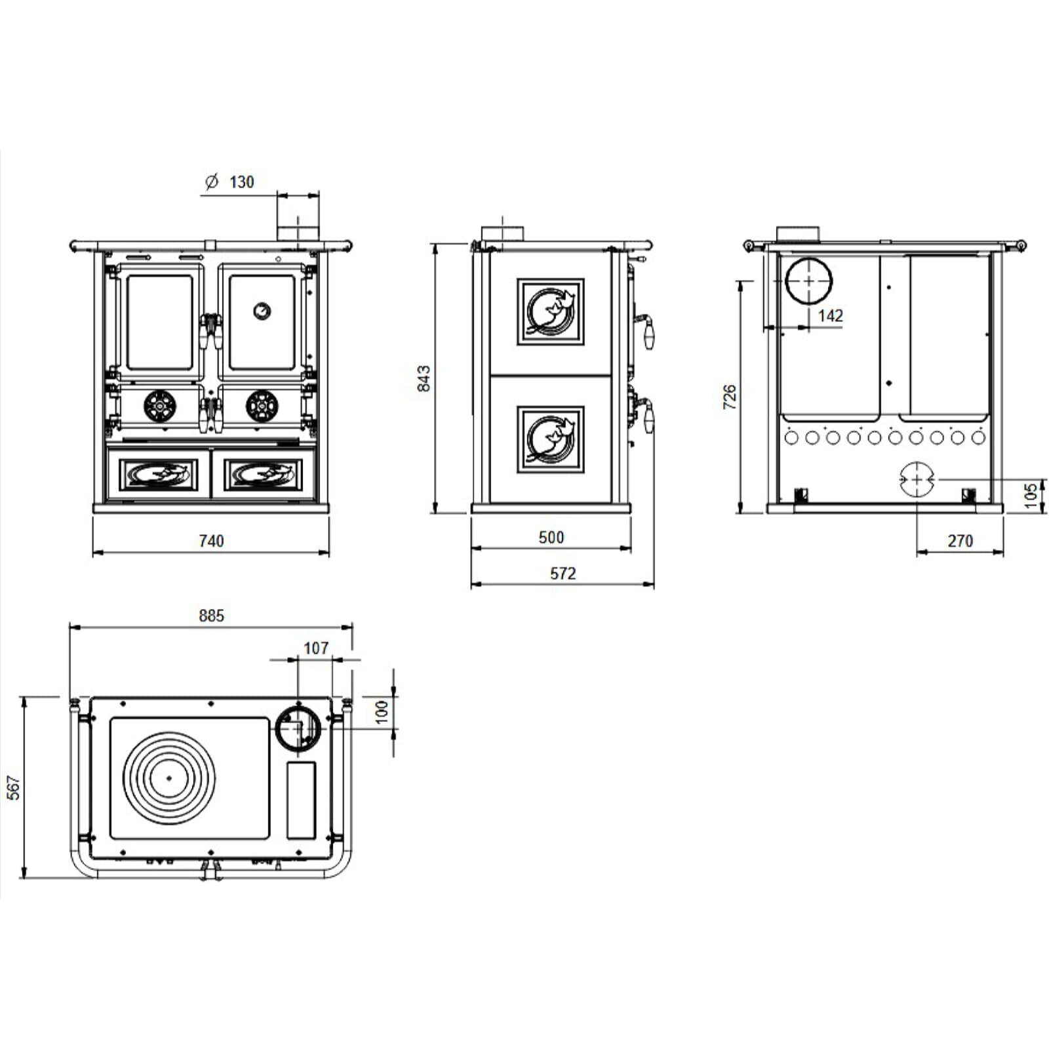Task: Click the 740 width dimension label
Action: coord(211,541)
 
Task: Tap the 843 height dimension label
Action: coord(424,378)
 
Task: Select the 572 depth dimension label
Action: coord(563,574)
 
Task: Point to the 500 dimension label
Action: coord(551,538)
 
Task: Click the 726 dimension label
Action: coord(730,397)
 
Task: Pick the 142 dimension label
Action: coord(830,316)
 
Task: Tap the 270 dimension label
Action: coord(960,541)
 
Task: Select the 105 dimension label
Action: coord(1031,495)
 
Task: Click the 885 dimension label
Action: coord(211,616)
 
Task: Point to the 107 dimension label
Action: coord(315,648)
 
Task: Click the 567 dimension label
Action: coord(14,787)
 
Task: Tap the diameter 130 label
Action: coord(229,182)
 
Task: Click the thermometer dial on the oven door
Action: coord(262,310)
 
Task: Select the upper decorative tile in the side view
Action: coord(550,312)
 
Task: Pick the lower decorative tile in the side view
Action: coord(550,439)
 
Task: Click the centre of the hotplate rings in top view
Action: coord(168,778)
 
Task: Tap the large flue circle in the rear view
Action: coord(808,281)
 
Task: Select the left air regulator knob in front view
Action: coord(158,406)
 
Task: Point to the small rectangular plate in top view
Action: coord(301,800)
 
